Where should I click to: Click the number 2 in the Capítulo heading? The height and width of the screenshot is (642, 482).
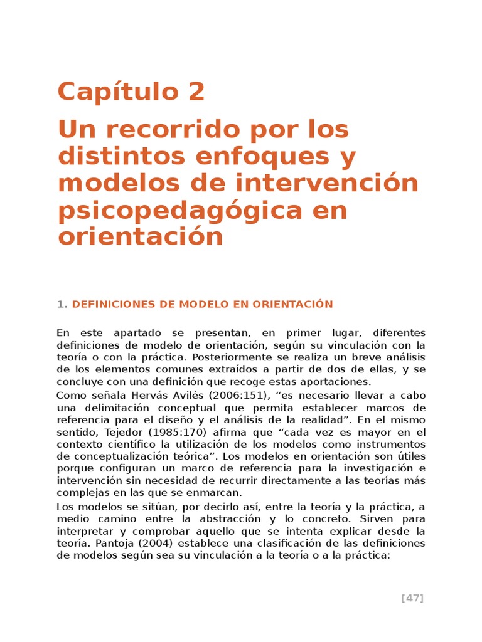(x=195, y=92)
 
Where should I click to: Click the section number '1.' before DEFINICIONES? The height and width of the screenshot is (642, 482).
(x=62, y=304)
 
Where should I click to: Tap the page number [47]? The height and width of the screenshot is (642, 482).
(x=412, y=598)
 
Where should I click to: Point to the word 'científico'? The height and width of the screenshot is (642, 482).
(x=126, y=445)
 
